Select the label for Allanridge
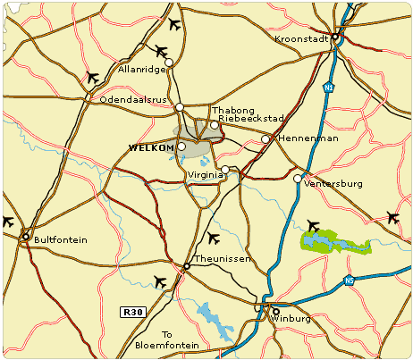tap(143, 70)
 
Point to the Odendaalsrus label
tap(133, 100)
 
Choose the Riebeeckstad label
tap(251, 119)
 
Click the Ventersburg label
tap(333, 184)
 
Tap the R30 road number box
tap(131, 312)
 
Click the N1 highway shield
tap(329, 88)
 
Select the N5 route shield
tap(349, 281)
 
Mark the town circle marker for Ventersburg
tap(298, 179)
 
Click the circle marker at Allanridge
tap(169, 63)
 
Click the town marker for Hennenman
tap(265, 139)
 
